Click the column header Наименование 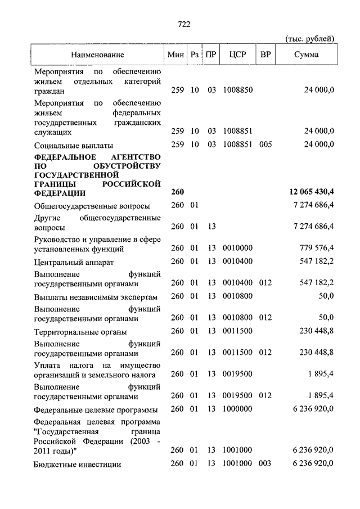point(97,55)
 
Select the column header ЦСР point(238,55)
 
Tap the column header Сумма point(306,55)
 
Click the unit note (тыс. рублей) point(310,38)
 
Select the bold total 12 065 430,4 point(307,192)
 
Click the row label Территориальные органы point(80,332)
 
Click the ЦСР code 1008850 point(238,90)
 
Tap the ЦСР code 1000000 point(238,409)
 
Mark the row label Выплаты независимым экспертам point(95,297)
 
